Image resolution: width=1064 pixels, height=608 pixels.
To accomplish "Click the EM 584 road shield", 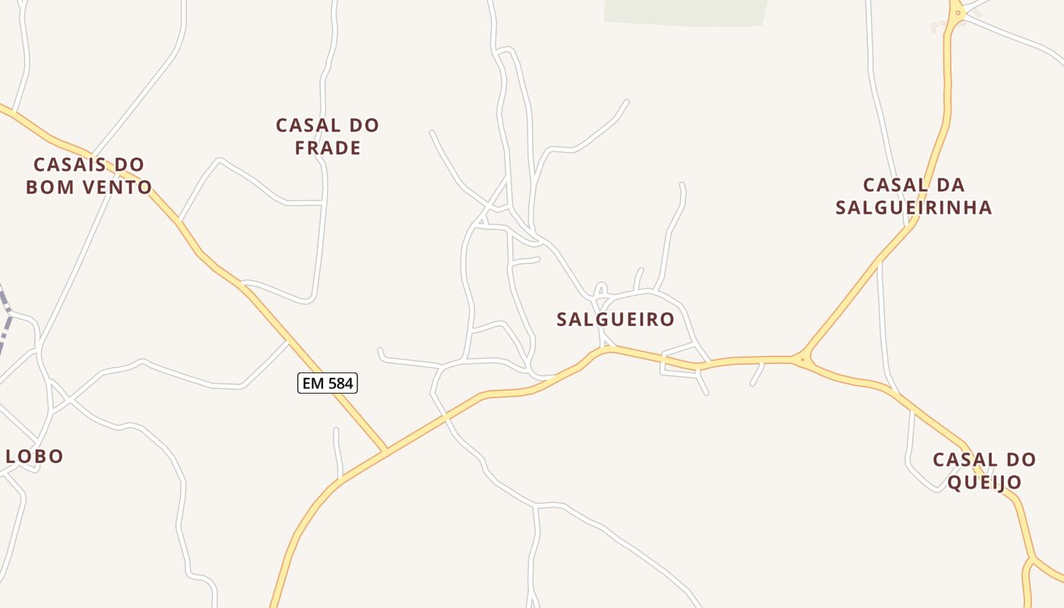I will click(328, 384).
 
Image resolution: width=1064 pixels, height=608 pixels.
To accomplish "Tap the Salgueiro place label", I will click(616, 319).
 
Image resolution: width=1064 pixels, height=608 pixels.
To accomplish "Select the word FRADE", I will click(328, 147).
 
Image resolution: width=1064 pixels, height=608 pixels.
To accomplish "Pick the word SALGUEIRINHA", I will click(914, 207).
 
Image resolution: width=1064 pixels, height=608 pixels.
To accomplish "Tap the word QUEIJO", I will click(984, 482).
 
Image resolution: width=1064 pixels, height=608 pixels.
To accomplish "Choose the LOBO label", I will click(34, 456).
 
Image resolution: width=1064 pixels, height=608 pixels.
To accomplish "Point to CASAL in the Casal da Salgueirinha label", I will click(894, 185).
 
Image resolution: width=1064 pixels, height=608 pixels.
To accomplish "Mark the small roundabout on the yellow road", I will click(958, 12).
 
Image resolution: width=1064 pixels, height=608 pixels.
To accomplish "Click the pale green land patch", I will click(684, 11).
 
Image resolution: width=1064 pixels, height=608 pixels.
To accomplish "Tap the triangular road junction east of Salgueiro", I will click(802, 359).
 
